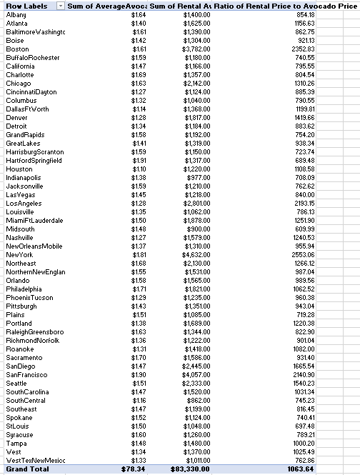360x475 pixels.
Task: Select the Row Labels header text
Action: click(25, 6)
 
